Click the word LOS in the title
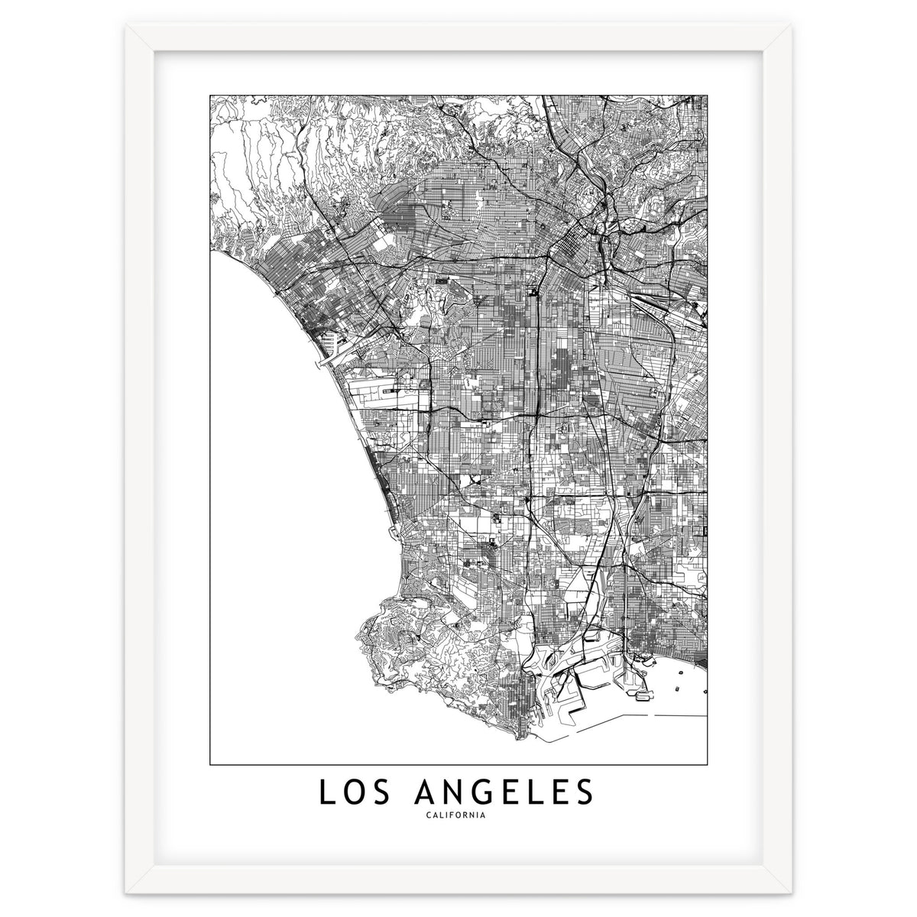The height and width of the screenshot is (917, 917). (x=357, y=792)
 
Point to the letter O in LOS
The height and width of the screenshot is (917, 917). (x=357, y=792)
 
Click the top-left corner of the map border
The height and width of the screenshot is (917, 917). (x=210, y=96)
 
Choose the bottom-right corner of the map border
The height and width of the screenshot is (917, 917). (x=707, y=764)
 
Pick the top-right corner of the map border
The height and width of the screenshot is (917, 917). (x=707, y=96)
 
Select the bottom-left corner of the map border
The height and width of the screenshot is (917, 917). (x=210, y=764)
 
